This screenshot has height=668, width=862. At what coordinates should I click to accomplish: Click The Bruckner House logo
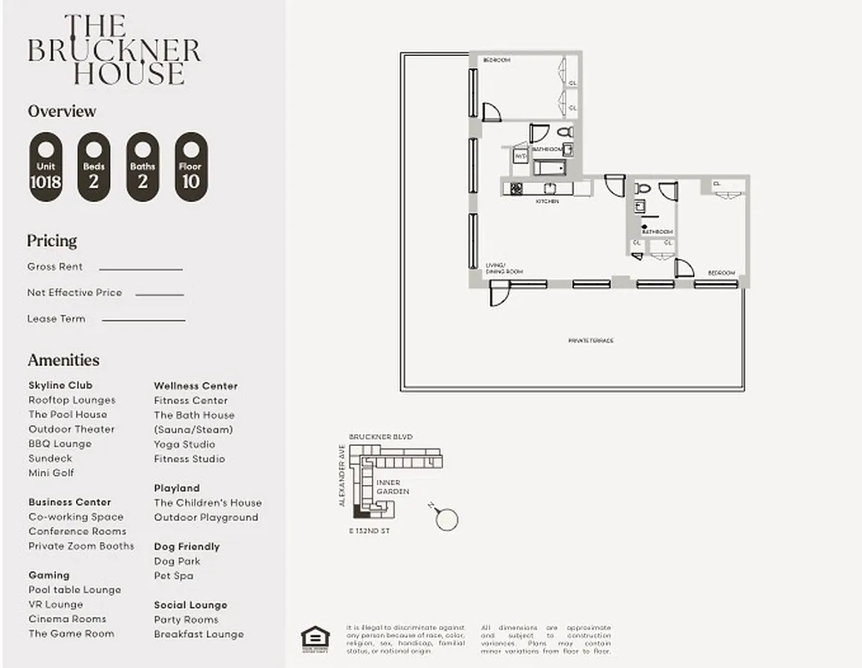114,50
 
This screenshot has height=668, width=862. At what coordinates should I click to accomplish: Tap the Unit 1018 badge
45,167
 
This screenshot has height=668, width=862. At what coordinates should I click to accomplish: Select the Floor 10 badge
190,167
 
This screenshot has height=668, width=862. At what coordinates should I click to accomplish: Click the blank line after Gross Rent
140,269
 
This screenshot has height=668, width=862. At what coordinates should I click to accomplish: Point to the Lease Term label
56,318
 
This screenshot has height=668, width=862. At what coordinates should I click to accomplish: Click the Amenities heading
63,360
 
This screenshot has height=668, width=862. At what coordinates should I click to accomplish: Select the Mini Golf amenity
51,473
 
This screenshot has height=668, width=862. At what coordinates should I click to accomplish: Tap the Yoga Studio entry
184,444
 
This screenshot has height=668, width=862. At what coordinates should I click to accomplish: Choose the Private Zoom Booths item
81,546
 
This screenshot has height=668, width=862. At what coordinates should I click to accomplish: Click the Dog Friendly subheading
186,547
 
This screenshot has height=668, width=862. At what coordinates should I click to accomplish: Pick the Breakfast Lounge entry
199,634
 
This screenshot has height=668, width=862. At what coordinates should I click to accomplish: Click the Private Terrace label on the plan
591,341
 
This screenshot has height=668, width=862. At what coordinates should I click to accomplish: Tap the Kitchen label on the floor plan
547,201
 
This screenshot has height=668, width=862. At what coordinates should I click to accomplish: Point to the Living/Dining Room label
504,268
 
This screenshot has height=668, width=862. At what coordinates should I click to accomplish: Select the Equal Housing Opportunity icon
315,637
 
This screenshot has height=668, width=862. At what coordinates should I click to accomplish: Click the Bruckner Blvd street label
381,437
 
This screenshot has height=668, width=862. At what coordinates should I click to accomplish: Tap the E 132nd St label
369,531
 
